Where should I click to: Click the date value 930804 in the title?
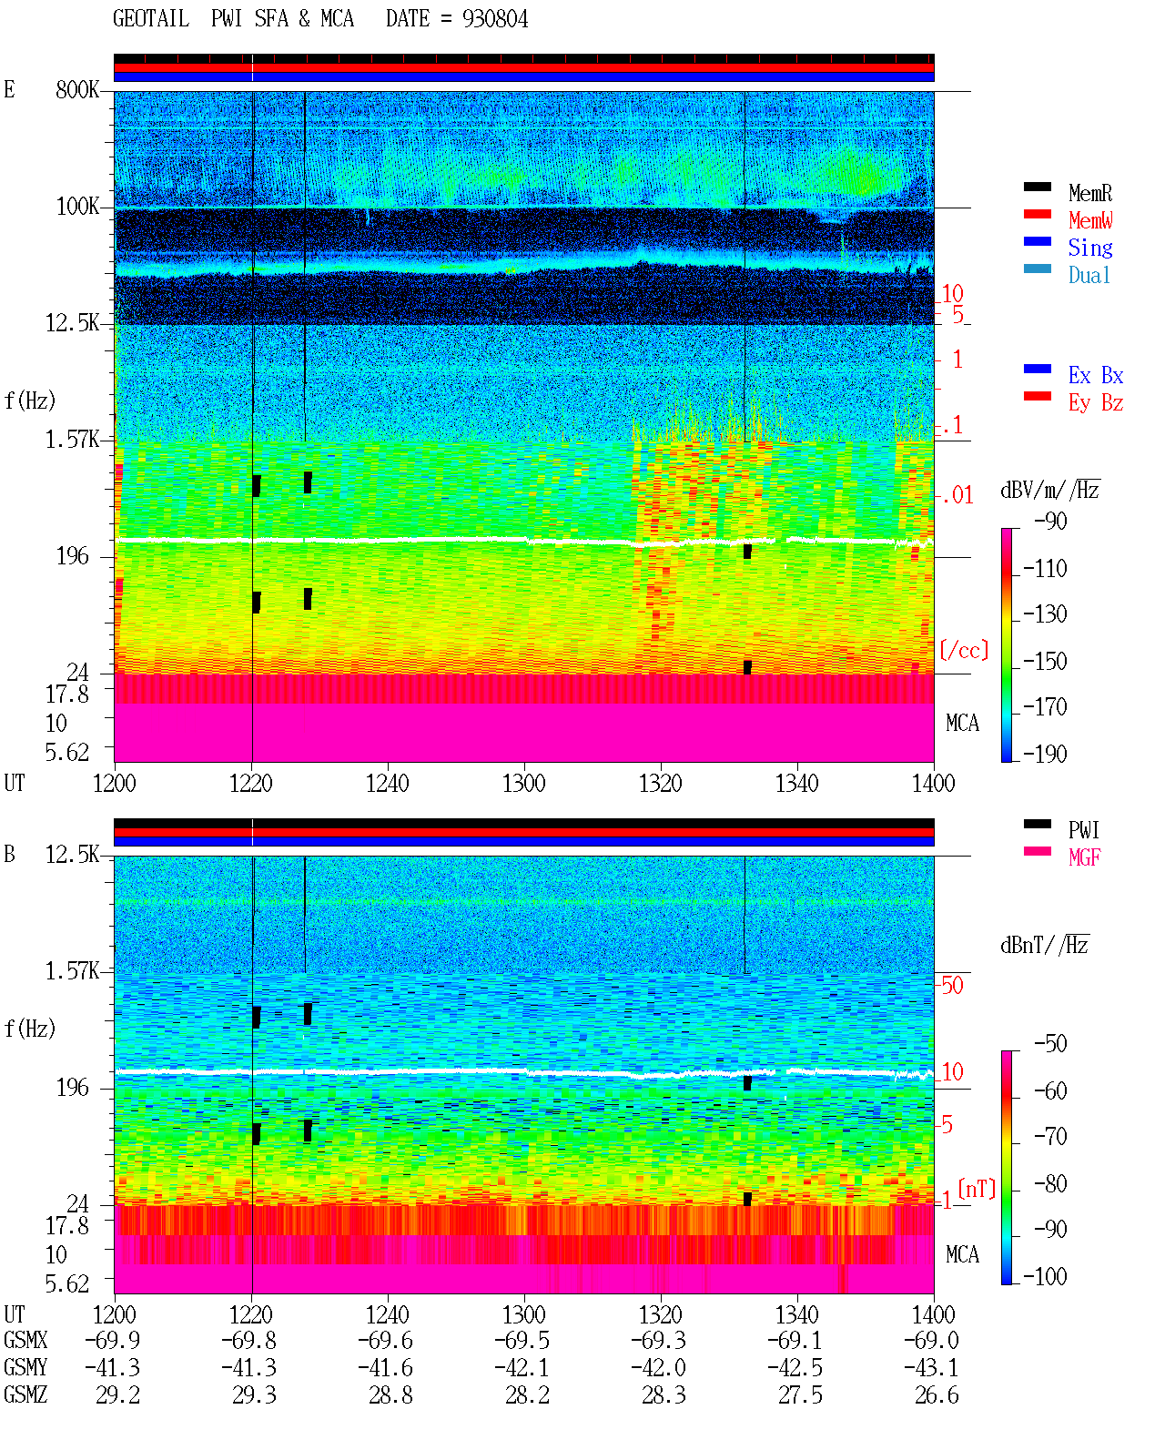tap(494, 19)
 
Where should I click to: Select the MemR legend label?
tap(1089, 193)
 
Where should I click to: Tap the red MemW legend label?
tap(1090, 220)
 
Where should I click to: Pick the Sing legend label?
tap(1089, 248)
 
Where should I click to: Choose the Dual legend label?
tap(1089, 275)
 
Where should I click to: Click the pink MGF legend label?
tap(1084, 857)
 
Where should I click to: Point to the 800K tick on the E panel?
tap(76, 89)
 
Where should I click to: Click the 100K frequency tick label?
tap(76, 207)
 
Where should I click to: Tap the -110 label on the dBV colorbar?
tap(1045, 569)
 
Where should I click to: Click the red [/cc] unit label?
tap(964, 650)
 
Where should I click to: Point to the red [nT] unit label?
tap(977, 1188)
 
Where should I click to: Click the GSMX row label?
tap(25, 1340)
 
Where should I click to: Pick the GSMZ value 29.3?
tap(254, 1394)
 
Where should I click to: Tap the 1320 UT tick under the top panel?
tap(661, 783)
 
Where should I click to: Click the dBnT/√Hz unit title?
tap(1044, 945)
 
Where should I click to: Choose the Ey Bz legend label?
tap(1096, 402)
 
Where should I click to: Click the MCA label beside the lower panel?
tap(962, 1254)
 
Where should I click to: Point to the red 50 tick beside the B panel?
tap(952, 985)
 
